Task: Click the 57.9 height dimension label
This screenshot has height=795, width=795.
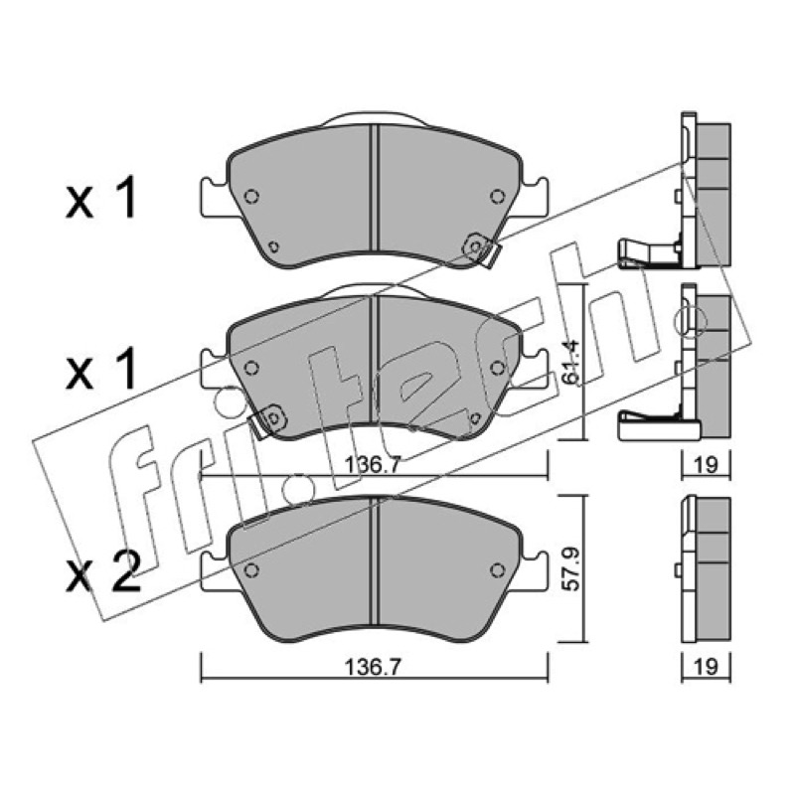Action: tap(572, 568)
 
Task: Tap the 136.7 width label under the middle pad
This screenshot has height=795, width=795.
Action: tap(374, 464)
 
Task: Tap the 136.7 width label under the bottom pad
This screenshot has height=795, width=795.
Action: tap(374, 667)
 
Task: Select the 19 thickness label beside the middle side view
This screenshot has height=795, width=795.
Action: tap(706, 464)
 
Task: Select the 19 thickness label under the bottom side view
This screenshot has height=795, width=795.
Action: tap(706, 667)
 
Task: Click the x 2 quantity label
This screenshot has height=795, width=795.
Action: tap(103, 572)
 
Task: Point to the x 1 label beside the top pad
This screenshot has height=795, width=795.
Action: tap(101, 198)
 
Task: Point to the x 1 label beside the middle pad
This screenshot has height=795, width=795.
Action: tap(101, 370)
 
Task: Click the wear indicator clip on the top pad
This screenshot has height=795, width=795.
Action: tap(482, 249)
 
